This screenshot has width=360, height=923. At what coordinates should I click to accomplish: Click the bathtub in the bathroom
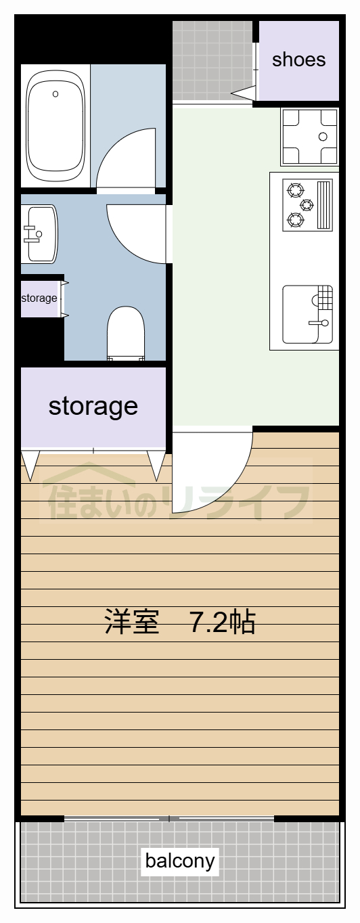tap(55, 126)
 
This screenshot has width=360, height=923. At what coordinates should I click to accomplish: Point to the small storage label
tap(39, 298)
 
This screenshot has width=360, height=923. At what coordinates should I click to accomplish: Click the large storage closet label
tap(93, 406)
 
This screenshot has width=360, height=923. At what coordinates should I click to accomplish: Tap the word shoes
tap(298, 60)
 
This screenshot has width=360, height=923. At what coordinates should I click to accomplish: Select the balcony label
tap(180, 861)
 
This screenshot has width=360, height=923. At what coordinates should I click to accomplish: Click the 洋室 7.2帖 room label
tap(180, 622)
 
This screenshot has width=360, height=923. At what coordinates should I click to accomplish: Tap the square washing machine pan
tap(309, 137)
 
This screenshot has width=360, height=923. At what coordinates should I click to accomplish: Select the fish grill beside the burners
tap(325, 204)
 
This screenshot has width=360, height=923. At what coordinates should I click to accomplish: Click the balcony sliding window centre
tap(169, 819)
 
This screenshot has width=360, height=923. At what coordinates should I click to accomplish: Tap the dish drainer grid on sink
tap(323, 296)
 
